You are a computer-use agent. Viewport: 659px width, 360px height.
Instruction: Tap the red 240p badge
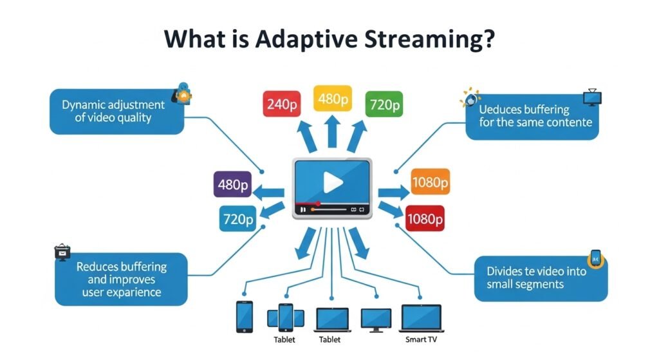(281, 104)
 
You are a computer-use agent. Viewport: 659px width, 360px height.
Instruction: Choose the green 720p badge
(384, 104)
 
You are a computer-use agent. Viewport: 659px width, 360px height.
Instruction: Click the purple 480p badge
(232, 185)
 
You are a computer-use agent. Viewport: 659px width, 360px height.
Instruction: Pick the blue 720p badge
(237, 218)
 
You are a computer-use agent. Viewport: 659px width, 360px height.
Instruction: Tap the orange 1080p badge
(429, 183)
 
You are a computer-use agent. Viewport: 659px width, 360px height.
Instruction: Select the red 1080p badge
(425, 219)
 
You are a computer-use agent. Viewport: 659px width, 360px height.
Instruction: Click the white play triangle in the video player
(333, 182)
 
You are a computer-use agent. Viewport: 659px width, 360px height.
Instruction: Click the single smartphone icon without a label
(245, 316)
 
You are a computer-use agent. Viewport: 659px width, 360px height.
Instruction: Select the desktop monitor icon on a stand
(376, 319)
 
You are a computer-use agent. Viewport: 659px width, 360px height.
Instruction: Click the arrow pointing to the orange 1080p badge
(393, 191)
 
